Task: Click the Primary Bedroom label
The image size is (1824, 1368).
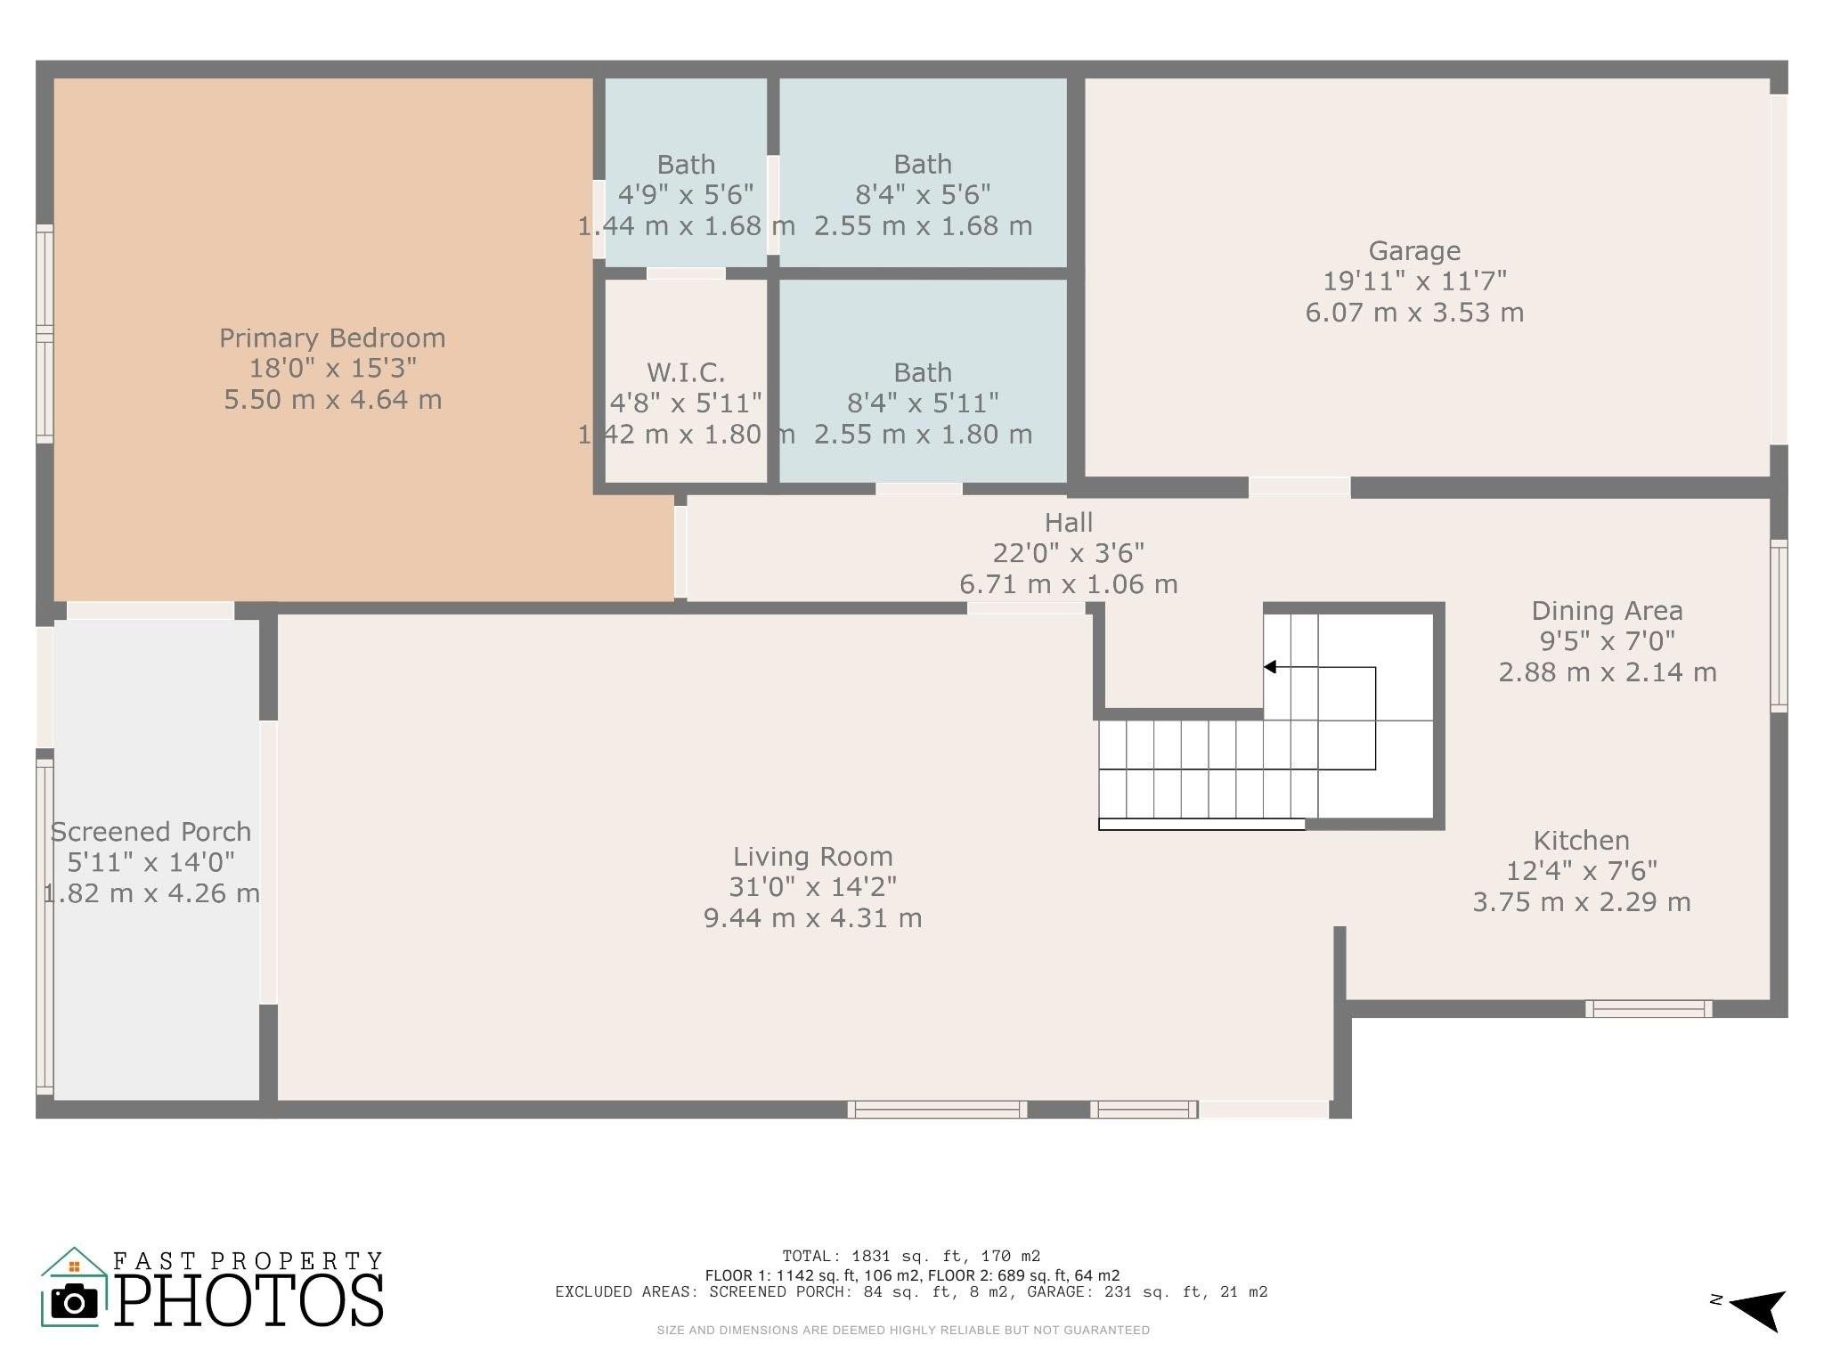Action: click(x=332, y=338)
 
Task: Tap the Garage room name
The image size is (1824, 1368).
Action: click(x=1414, y=251)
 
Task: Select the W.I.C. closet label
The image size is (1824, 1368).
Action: click(x=686, y=372)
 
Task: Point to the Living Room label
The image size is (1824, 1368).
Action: click(x=812, y=857)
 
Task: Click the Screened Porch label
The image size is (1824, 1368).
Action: click(x=151, y=832)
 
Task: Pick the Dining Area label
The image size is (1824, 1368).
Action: click(x=1607, y=611)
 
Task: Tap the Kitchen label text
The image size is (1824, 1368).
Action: click(x=1581, y=841)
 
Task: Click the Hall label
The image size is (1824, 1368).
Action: click(x=1068, y=523)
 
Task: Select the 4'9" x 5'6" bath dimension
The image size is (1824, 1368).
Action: click(x=686, y=195)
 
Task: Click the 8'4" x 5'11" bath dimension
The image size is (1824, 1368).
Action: click(x=923, y=403)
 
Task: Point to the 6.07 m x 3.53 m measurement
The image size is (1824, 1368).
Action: click(x=1414, y=313)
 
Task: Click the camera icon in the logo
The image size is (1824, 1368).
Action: click(x=74, y=1302)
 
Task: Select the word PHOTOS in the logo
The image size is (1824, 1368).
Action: click(x=249, y=1300)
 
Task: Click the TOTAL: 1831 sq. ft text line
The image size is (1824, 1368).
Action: click(x=911, y=1257)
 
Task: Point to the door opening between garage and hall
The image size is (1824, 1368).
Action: click(x=1299, y=486)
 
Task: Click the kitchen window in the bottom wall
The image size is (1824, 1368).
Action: click(x=1649, y=1008)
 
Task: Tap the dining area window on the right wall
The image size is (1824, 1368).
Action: click(x=1778, y=625)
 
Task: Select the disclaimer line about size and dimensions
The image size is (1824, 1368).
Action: click(x=903, y=1331)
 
